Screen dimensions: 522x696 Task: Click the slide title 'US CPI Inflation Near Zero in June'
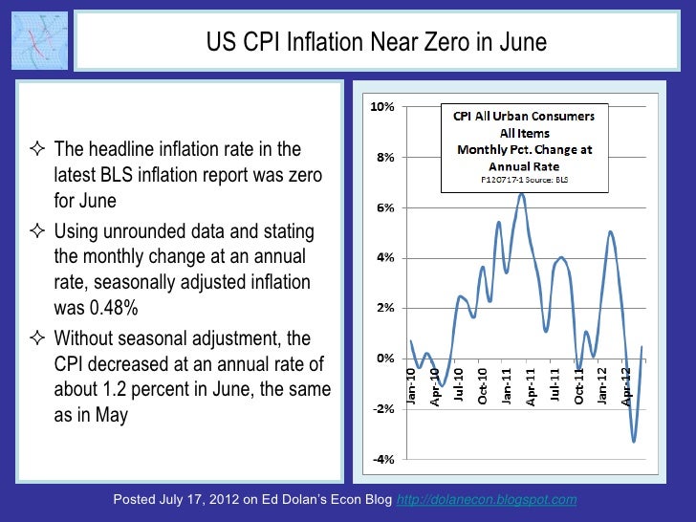point(377,43)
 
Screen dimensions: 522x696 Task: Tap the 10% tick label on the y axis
point(381,107)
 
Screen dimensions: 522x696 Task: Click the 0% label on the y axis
point(384,359)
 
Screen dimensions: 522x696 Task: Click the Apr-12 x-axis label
point(626,387)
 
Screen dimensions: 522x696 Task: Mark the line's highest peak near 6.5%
point(521,194)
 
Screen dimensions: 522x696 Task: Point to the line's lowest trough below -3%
point(634,441)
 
